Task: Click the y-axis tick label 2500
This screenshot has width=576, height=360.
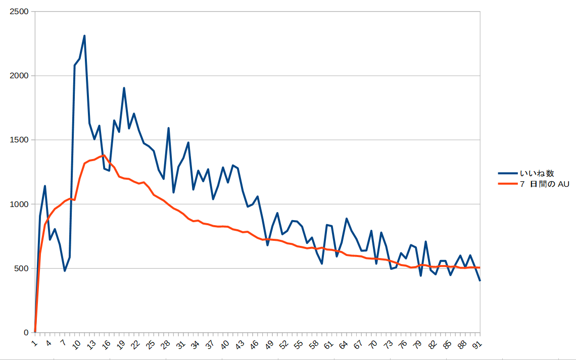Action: pos(20,12)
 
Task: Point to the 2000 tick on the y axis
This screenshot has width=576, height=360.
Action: pos(20,76)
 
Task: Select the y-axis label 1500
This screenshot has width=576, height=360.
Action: pos(20,140)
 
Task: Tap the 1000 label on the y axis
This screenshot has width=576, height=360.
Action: pos(20,204)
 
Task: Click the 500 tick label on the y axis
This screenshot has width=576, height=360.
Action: pos(22,268)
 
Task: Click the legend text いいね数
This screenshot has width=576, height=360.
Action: pos(537,174)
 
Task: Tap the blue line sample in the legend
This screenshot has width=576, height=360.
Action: pos(507,174)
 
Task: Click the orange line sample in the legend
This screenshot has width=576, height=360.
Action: pos(507,184)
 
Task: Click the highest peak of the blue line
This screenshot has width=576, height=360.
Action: pos(84,36)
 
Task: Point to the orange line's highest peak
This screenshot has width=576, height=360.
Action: pos(104,156)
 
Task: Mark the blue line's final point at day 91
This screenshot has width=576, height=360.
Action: pos(479,280)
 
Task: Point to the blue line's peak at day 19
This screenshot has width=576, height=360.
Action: pos(124,88)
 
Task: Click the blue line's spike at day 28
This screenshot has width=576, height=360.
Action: pos(168,128)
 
